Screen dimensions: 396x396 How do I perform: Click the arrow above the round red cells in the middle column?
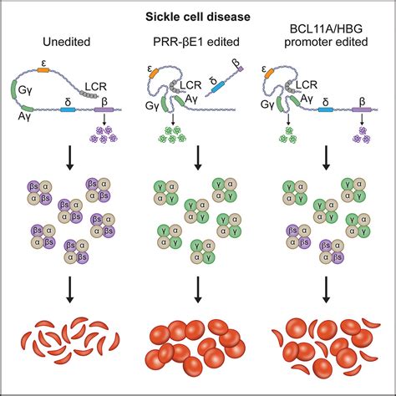198,289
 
